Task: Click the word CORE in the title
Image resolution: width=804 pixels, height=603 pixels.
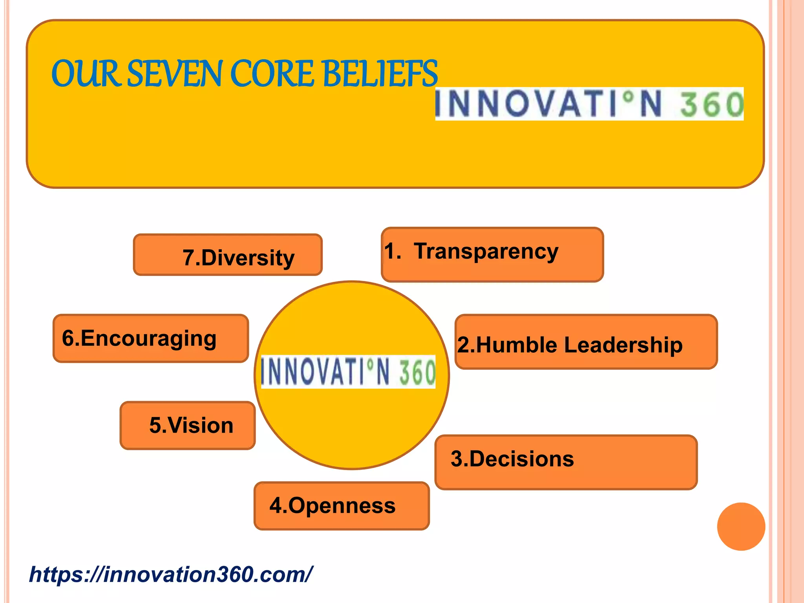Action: coord(271,74)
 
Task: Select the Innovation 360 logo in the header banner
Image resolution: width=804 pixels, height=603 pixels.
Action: coord(589,104)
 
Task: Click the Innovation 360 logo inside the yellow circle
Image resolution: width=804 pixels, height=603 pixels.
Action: coord(348,372)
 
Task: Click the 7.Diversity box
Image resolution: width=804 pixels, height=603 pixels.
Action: coord(228,255)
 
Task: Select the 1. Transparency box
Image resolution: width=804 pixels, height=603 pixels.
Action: coord(492,254)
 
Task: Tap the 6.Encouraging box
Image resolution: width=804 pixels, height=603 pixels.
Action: coord(151,338)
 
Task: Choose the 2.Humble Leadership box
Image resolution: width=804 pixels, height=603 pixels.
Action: coord(586,342)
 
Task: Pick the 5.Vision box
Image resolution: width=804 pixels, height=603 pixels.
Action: coord(188,425)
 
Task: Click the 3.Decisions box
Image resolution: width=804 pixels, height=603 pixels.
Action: coord(566,462)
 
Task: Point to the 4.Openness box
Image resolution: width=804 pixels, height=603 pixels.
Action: coord(342,506)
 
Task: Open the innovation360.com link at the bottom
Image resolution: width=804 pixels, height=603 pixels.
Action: coord(171,574)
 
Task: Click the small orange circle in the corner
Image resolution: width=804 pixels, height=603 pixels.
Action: coord(741,526)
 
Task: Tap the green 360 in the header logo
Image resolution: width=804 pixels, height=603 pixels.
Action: coord(711,104)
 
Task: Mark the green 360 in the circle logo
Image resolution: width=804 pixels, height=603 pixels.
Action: coord(417,372)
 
